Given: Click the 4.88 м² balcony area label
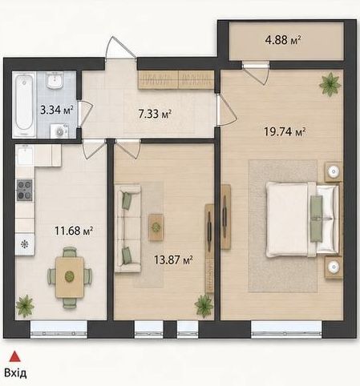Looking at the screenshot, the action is [283, 40].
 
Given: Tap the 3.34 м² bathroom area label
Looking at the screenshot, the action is [57, 110].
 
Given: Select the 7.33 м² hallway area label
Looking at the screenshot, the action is [155, 114].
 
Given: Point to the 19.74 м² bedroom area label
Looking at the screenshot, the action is [285, 131].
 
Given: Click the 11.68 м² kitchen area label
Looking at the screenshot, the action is [74, 231].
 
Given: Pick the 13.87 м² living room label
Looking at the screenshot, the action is [173, 259].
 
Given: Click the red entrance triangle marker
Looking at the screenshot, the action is [15, 356].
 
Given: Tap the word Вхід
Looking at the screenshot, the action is [15, 373].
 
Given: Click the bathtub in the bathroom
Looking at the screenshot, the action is [25, 104].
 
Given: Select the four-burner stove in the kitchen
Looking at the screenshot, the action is [25, 190].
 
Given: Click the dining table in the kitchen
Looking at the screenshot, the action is [70, 277].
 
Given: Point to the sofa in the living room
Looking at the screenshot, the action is [127, 228].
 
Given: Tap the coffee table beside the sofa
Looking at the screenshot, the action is [156, 227].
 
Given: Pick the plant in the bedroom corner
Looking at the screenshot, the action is [330, 84].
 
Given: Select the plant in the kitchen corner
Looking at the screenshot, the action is [25, 306].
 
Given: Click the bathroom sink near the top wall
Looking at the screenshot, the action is [55, 81].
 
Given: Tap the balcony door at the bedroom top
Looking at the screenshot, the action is [256, 72].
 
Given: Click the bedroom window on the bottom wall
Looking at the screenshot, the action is [287, 330].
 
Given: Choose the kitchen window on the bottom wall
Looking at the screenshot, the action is [59, 330].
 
